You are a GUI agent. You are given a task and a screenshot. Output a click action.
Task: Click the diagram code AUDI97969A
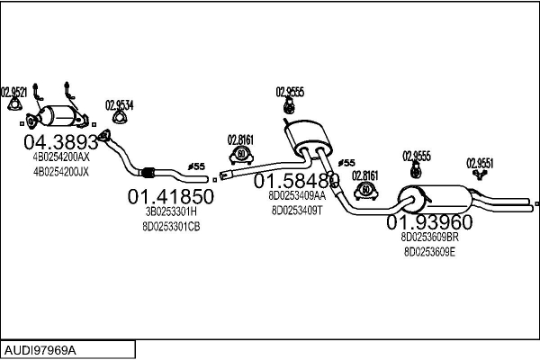point(40,350)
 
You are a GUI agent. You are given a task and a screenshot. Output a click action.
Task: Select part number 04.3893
point(61,141)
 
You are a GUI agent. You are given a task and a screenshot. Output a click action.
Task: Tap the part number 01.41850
point(171,196)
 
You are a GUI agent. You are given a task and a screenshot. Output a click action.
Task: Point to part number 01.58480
point(296,181)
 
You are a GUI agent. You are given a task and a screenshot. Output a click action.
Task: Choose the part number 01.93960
point(429,222)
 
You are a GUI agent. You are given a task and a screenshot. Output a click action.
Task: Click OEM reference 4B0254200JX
point(61,171)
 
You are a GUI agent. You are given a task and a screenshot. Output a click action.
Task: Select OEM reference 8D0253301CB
point(171,227)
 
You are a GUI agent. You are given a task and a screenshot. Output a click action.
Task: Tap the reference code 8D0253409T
point(297,210)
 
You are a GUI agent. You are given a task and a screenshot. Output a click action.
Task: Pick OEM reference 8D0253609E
point(429,252)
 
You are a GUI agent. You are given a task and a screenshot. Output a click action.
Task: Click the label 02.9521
point(13,92)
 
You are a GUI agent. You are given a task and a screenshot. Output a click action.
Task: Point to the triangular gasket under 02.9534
point(120,117)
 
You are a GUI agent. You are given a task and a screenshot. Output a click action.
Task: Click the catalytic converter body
point(58,116)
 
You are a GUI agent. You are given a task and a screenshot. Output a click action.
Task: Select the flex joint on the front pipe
point(148,172)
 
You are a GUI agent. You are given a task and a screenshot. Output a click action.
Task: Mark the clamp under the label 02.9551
point(479,175)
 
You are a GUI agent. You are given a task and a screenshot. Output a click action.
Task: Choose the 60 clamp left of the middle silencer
point(241,155)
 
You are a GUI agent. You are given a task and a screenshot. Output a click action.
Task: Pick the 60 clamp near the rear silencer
point(365,191)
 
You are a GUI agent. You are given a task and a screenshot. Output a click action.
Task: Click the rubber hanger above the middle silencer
point(289,105)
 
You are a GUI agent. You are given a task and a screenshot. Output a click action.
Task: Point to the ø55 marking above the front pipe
point(196,166)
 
